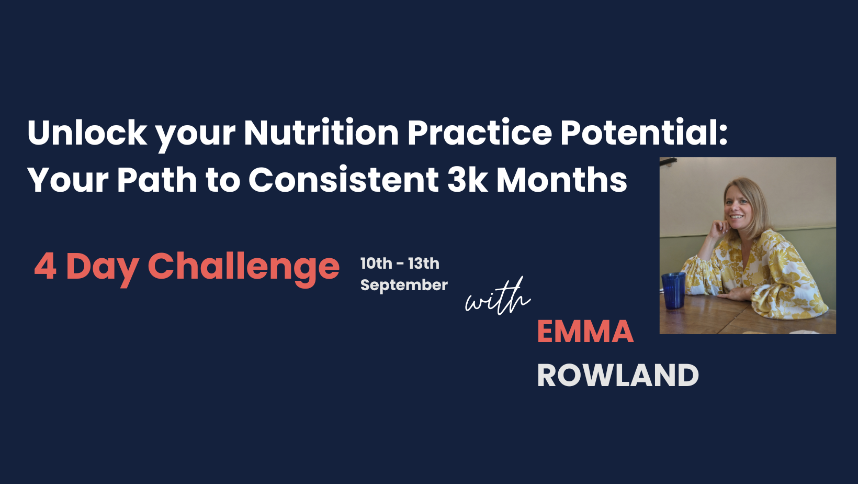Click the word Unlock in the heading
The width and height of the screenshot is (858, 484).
click(87, 133)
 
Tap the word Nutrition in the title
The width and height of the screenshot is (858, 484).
click(321, 133)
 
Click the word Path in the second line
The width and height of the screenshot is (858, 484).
click(157, 180)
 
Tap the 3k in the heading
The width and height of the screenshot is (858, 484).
click(468, 180)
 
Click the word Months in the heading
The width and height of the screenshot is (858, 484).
click(562, 180)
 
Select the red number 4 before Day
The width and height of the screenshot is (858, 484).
click(45, 267)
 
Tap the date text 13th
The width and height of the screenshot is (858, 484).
click(424, 263)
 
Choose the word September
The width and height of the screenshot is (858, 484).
click(404, 285)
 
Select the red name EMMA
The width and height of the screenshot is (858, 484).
click(585, 332)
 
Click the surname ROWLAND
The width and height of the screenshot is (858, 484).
click(618, 376)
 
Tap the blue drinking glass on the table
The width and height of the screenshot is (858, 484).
click(673, 290)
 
